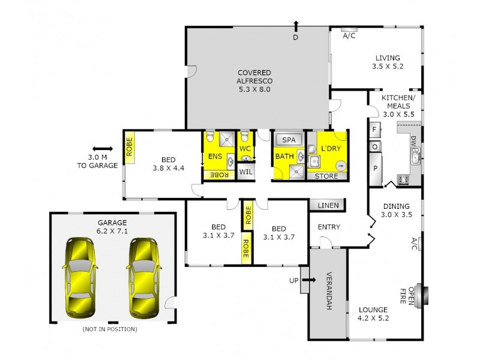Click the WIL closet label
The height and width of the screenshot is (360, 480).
pyautogui.click(x=245, y=172)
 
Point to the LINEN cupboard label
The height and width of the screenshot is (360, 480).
pyautogui.click(x=328, y=206)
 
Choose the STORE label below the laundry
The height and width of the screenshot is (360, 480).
pyautogui.click(x=327, y=176)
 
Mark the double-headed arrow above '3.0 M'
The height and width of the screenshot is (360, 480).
pyautogui.click(x=103, y=149)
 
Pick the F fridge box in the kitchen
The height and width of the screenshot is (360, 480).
pyautogui.click(x=374, y=129)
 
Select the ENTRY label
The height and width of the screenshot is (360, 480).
pyautogui.click(x=329, y=227)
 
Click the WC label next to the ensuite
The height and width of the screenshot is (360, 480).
pyautogui.click(x=245, y=148)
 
